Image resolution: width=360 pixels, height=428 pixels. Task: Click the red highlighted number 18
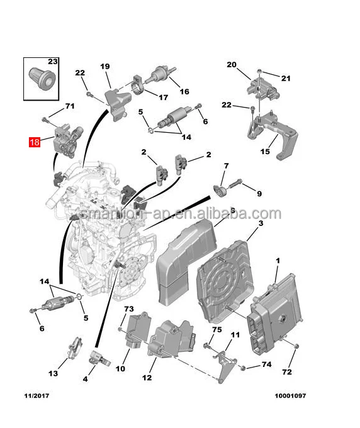tap(34, 142)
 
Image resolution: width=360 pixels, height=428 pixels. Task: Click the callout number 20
tap(231, 65)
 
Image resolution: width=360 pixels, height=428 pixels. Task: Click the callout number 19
tap(104, 67)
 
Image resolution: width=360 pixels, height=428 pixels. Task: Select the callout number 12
tap(147, 378)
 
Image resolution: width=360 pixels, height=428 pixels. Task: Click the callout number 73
tap(129, 309)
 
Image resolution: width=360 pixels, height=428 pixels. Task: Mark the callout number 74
tap(266, 364)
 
